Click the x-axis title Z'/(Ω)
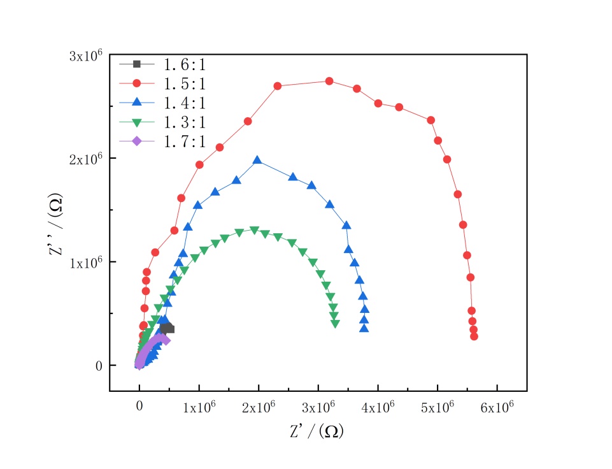(317, 431)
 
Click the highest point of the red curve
(329, 81)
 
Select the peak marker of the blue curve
(258, 161)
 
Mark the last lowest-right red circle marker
(474, 336)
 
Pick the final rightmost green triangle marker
(336, 324)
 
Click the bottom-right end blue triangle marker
(364, 329)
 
